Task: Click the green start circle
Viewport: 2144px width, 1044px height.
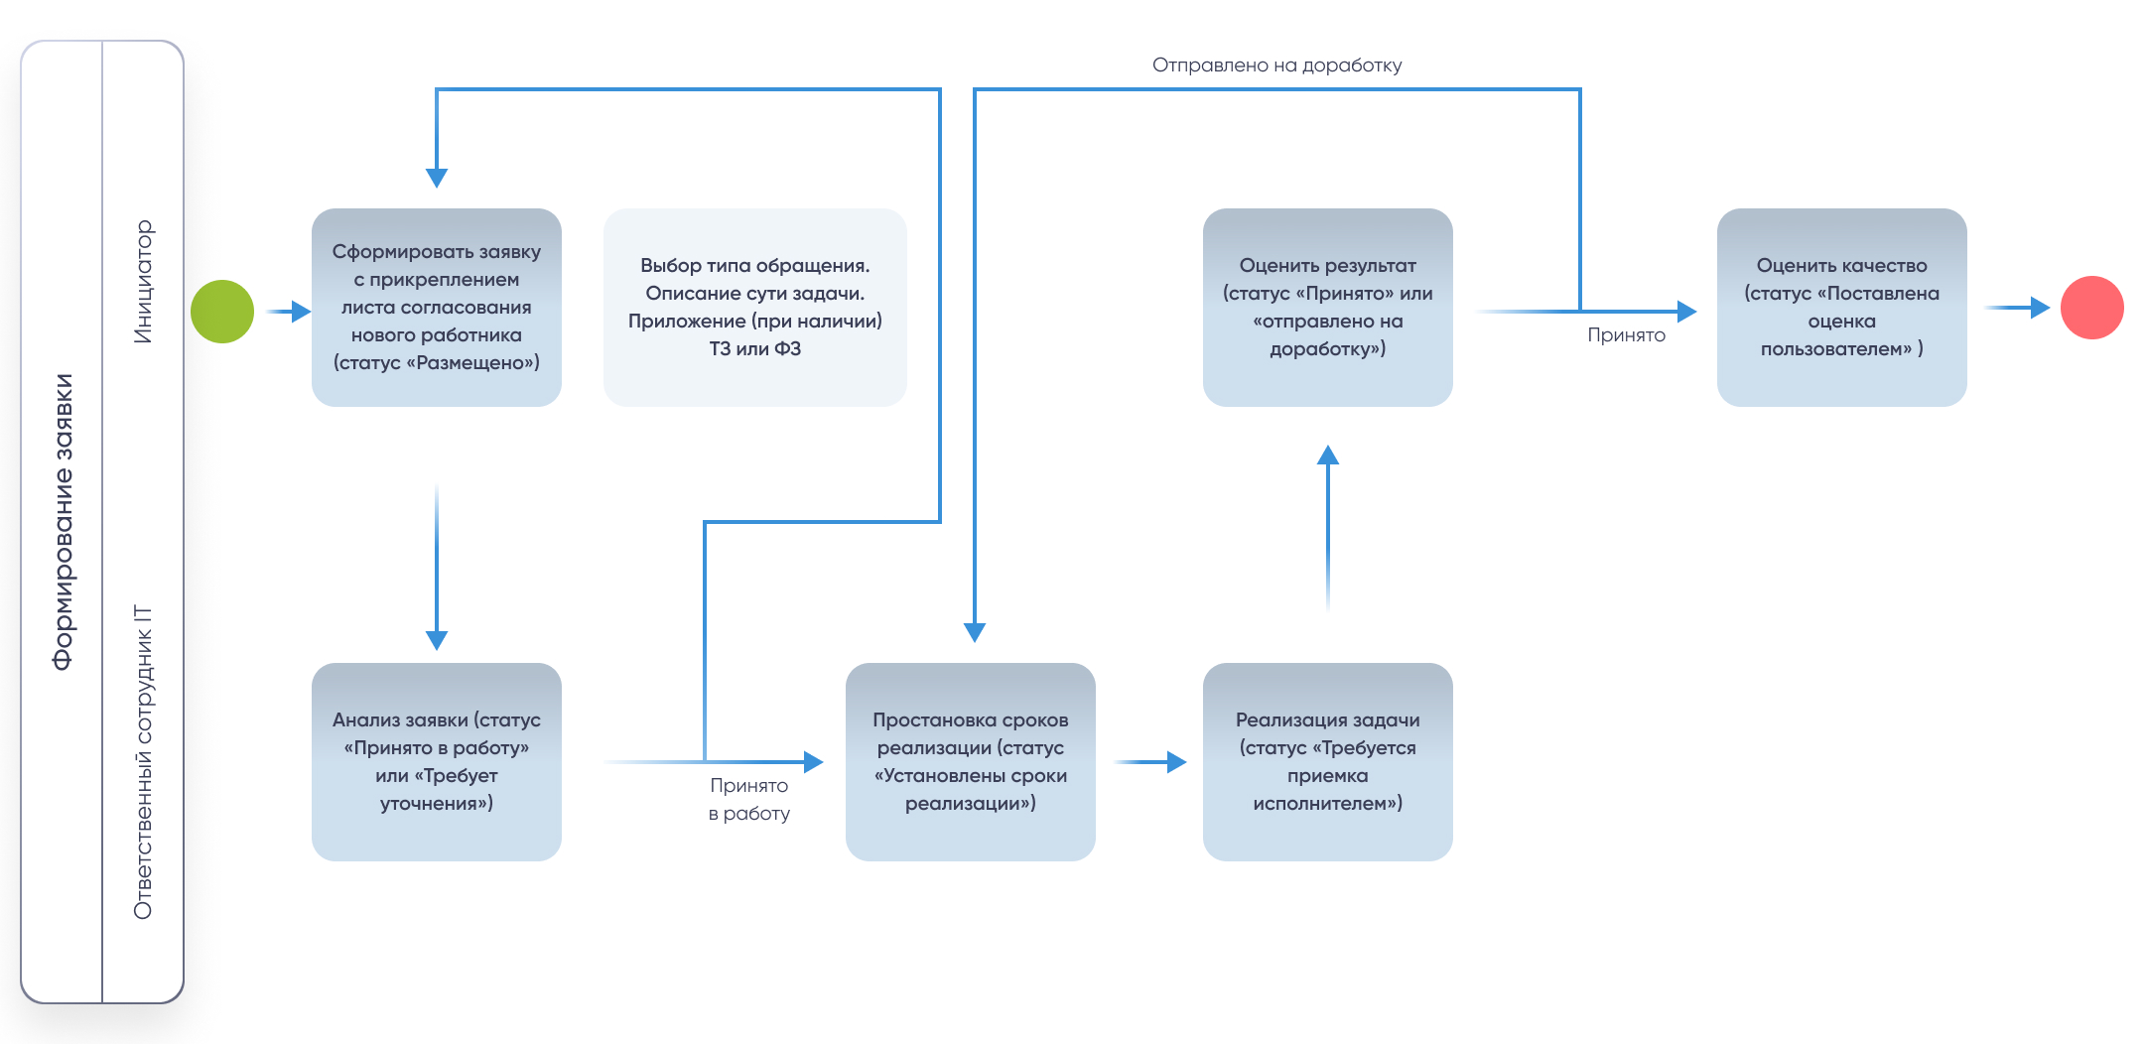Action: point(222,312)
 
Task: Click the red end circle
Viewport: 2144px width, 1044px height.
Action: point(2091,308)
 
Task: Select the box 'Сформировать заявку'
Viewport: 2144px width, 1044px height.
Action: point(437,308)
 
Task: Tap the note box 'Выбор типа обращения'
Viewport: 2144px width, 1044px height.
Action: point(755,308)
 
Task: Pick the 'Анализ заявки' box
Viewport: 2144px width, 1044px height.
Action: point(437,762)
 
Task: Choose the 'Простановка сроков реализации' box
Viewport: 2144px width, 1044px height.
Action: point(971,762)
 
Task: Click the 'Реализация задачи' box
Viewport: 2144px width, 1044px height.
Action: point(1328,762)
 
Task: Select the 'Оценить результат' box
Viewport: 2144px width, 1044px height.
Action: point(1328,308)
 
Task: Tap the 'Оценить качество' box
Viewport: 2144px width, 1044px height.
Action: point(1842,308)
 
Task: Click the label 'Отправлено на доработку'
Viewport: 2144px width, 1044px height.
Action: point(1277,65)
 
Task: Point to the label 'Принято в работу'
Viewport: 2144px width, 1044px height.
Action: point(749,799)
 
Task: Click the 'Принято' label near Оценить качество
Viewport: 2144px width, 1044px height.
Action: point(1626,335)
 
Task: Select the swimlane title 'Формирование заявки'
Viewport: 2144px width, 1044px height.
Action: point(64,522)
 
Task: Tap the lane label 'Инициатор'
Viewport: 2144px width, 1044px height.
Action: point(144,282)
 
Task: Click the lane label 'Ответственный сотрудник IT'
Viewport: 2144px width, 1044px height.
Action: point(144,761)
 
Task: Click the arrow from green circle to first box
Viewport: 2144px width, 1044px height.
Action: point(289,312)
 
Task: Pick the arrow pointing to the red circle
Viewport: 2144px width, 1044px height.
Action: point(2017,308)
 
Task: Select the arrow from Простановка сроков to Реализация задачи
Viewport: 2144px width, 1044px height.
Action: point(1150,762)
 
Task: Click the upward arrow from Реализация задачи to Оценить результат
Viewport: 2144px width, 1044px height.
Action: point(1328,528)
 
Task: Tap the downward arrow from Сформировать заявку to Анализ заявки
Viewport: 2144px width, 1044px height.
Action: point(437,567)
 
